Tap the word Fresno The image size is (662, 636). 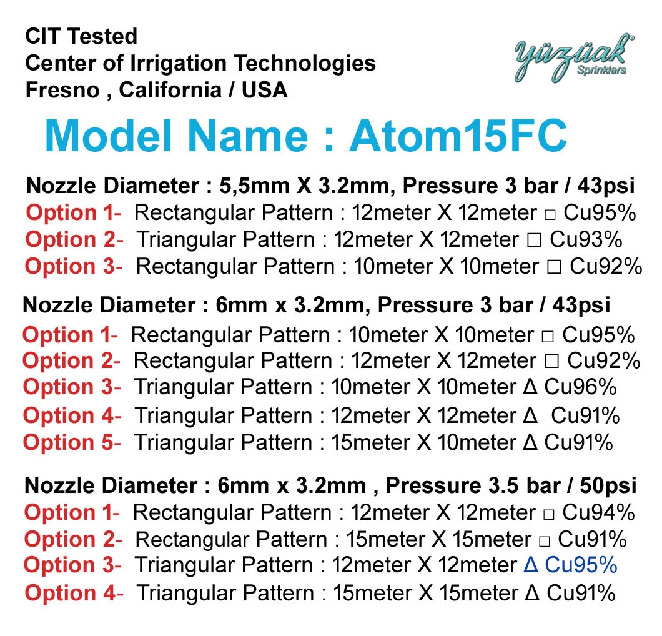coord(62,90)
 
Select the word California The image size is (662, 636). coord(170,90)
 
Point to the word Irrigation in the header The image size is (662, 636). coord(179,63)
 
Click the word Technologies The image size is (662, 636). coord(305,63)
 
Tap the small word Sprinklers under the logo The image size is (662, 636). coord(601,71)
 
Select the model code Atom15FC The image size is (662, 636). coord(458,136)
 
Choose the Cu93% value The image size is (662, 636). coord(586,239)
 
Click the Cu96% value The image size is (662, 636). coord(581,387)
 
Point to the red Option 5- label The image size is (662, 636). coord(72,442)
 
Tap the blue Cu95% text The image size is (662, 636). coord(581,565)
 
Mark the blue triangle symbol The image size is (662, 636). coord(531,565)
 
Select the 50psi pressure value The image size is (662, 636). coord(608,485)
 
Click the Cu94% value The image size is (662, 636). coord(598,512)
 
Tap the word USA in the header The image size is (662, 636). coord(265,90)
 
